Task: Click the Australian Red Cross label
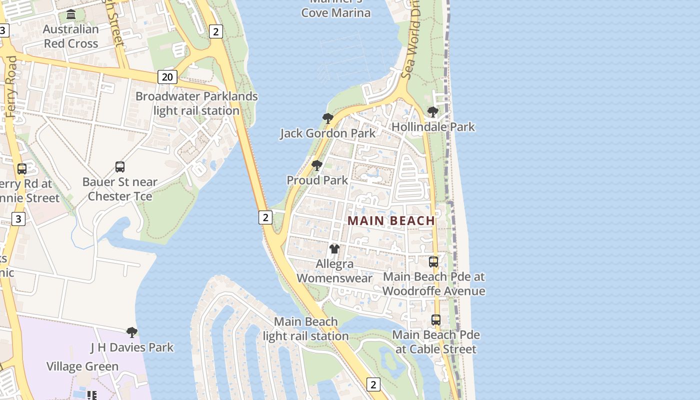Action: tap(71, 36)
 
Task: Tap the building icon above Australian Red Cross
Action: tap(71, 14)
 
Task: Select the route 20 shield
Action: tap(167, 76)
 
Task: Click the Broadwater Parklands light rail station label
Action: tap(196, 103)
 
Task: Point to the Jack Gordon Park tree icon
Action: tap(328, 118)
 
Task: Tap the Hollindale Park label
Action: tap(433, 127)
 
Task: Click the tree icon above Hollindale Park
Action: tap(433, 112)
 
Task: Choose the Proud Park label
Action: tap(317, 180)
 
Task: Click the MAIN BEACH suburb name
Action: tap(391, 220)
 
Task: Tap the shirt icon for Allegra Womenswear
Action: tap(334, 248)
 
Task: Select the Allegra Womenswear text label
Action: tap(335, 271)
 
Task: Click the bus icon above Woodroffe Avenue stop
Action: tap(433, 261)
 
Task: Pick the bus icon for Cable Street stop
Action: tap(436, 320)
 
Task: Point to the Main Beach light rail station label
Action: tap(305, 329)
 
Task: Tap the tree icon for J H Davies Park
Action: tap(132, 332)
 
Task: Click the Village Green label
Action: tap(82, 366)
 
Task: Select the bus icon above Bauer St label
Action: tap(120, 167)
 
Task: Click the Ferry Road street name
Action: tap(11, 86)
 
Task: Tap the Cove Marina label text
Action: tap(335, 12)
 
